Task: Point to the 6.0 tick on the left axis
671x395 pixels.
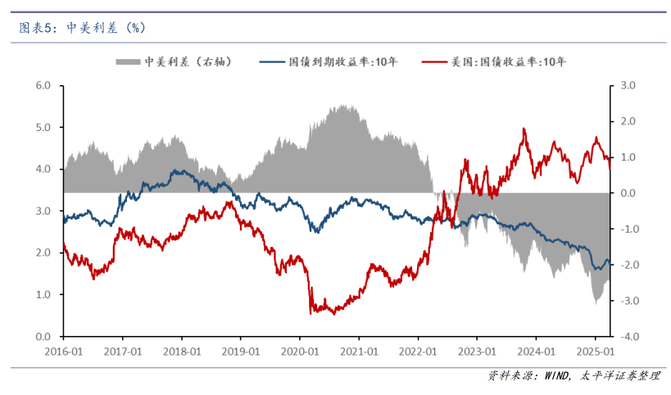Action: (43, 85)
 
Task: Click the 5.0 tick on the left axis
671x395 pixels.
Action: (43, 127)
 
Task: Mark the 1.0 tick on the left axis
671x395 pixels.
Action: (43, 294)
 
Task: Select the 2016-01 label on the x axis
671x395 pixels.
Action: (63, 350)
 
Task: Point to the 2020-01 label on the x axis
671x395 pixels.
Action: (299, 350)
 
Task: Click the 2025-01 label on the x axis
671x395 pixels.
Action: (595, 350)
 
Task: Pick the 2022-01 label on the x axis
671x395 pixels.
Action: (417, 350)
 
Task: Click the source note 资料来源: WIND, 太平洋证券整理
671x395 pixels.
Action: (573, 375)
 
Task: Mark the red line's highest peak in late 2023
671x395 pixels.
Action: (524, 129)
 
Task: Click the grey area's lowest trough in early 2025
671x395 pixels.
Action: (596, 302)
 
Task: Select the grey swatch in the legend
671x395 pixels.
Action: (128, 61)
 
